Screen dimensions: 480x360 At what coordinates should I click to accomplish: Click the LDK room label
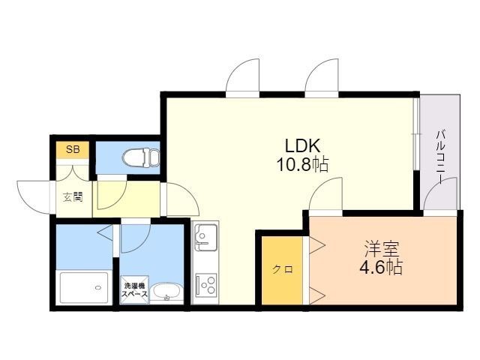click(303, 145)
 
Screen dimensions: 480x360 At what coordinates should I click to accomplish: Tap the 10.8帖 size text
click(303, 165)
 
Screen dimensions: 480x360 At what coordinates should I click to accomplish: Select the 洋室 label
click(382, 249)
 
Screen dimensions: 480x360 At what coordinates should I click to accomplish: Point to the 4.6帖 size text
click(381, 268)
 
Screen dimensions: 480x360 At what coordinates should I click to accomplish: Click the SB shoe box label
click(73, 150)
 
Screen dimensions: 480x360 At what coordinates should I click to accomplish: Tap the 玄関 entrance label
click(73, 196)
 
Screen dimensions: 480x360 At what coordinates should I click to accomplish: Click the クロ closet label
click(283, 269)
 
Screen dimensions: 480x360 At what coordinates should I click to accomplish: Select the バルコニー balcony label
click(441, 157)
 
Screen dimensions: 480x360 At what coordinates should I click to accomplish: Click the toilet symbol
click(141, 157)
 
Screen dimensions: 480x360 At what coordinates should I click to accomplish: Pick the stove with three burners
click(206, 285)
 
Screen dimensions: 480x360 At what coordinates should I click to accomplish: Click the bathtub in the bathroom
click(84, 287)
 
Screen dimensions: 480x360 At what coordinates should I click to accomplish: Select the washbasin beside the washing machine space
click(166, 293)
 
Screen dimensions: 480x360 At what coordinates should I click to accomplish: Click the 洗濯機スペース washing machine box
click(135, 290)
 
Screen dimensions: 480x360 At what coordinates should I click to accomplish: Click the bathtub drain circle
click(98, 288)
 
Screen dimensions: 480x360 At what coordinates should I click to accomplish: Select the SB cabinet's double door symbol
click(73, 173)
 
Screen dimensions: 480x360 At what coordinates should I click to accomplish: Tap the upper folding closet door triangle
click(316, 245)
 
